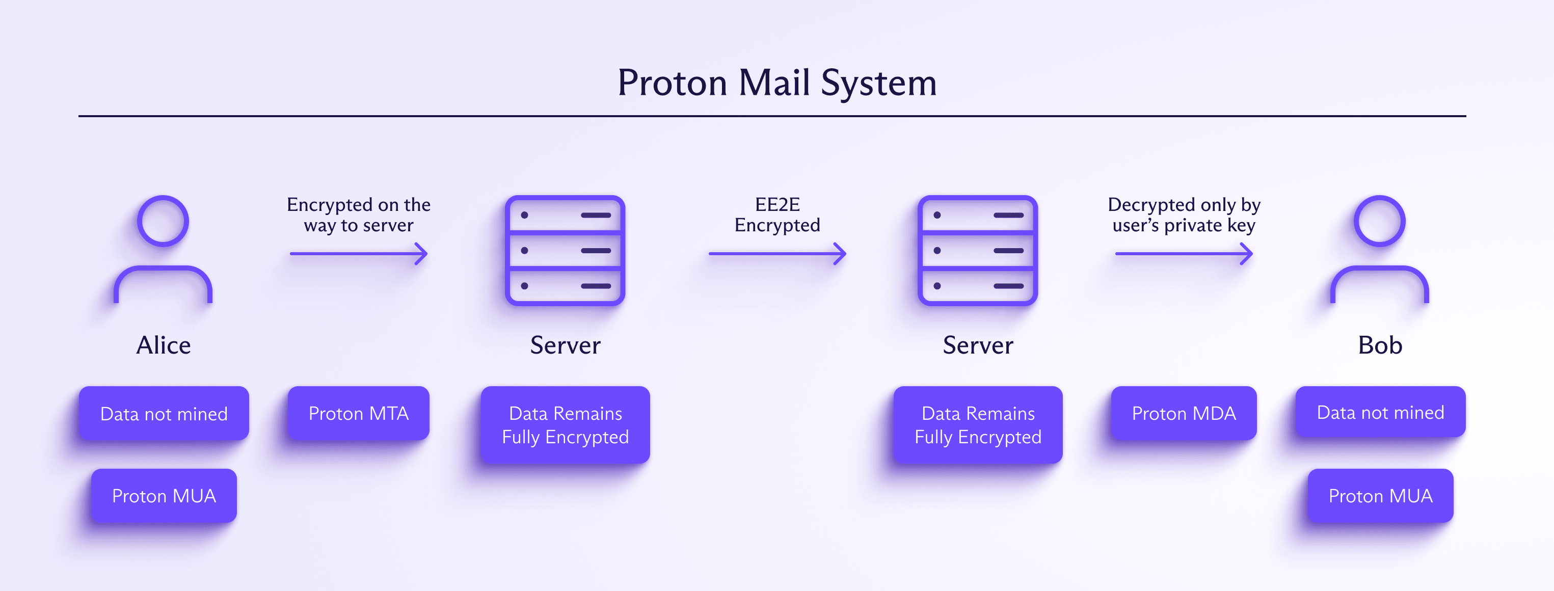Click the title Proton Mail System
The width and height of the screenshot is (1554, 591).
pyautogui.click(x=777, y=83)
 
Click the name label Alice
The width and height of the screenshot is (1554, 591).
pyautogui.click(x=164, y=345)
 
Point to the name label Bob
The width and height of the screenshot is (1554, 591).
pyautogui.click(x=1380, y=345)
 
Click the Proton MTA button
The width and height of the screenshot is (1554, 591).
pyautogui.click(x=358, y=414)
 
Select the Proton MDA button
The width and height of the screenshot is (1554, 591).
pyautogui.click(x=1184, y=414)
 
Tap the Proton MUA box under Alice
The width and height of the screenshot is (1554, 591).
pyautogui.click(x=164, y=496)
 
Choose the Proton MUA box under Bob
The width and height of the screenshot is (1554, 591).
pyautogui.click(x=1380, y=496)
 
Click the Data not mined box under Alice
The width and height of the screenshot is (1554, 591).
pyautogui.click(x=164, y=414)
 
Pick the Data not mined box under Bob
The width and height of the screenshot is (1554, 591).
pyautogui.click(x=1380, y=413)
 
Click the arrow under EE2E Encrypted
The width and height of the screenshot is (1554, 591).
pyautogui.click(x=777, y=254)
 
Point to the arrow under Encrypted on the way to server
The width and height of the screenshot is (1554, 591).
pyautogui.click(x=358, y=254)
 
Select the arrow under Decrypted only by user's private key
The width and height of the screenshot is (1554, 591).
pyautogui.click(x=1184, y=254)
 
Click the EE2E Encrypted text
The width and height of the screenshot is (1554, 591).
pyautogui.click(x=777, y=214)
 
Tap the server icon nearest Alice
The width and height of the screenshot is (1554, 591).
pyautogui.click(x=565, y=250)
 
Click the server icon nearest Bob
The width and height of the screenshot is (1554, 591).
pyautogui.click(x=977, y=250)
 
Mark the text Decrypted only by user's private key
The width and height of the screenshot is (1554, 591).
pyautogui.click(x=1184, y=214)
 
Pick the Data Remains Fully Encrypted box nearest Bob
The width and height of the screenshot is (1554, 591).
pyautogui.click(x=978, y=425)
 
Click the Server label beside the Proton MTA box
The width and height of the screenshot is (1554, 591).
pyautogui.click(x=565, y=345)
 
